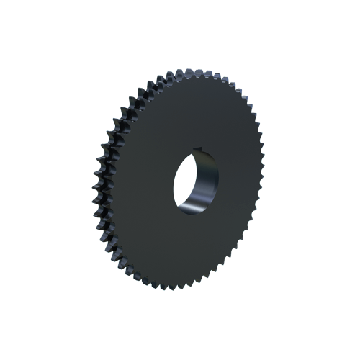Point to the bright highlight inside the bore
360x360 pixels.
tap(193, 210)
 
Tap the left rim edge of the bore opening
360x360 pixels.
tap(174, 187)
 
